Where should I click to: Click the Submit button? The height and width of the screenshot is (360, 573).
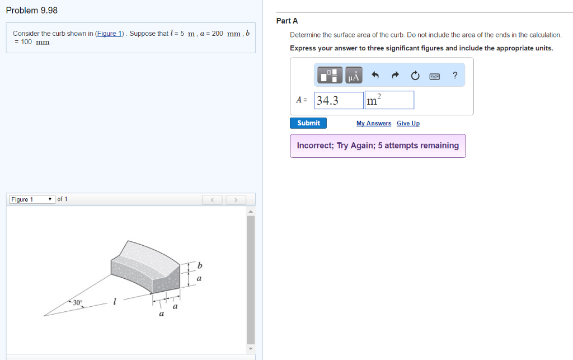(308, 123)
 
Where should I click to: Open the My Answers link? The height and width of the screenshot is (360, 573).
(373, 123)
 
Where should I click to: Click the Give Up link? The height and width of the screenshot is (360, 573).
(408, 123)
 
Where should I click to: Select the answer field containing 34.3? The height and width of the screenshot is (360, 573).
(339, 100)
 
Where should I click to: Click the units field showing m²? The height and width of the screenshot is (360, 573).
(389, 100)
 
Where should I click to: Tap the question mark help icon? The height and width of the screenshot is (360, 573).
(455, 76)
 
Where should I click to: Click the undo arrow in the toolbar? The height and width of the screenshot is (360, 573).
(375, 76)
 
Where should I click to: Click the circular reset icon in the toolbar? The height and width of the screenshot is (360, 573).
(415, 76)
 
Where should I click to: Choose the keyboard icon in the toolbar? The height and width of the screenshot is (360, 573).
(435, 76)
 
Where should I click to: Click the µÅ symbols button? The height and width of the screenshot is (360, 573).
(354, 76)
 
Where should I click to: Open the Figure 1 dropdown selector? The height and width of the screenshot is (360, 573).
(32, 199)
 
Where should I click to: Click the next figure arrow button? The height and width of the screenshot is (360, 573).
(236, 199)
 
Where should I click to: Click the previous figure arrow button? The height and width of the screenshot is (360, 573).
(213, 199)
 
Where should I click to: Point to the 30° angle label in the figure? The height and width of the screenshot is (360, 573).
(77, 302)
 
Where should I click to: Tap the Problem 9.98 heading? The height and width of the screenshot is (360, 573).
(31, 11)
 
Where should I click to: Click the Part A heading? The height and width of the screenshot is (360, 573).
(287, 21)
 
